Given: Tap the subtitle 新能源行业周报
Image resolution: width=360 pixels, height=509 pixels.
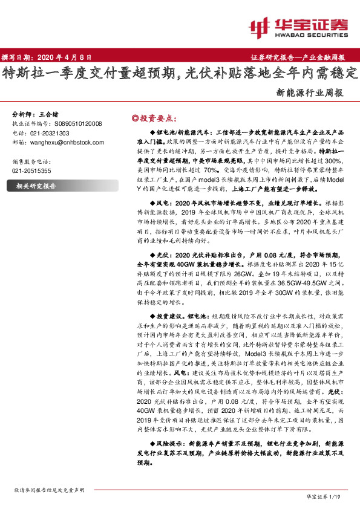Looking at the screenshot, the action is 310,94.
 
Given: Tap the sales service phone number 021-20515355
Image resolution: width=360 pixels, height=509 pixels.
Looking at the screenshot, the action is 31,171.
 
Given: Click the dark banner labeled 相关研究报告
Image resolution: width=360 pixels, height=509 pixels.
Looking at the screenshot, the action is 36,186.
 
